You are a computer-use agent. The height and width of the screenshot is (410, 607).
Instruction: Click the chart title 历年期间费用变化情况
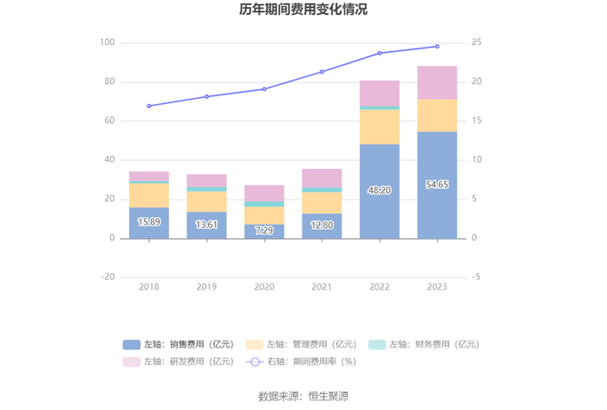pos(303,10)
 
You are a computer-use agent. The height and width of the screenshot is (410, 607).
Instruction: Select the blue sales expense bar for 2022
pos(380,191)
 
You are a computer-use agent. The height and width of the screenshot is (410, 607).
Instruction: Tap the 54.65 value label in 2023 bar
pos(437,185)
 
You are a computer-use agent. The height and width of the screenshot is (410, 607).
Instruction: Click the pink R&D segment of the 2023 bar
pos(437,82)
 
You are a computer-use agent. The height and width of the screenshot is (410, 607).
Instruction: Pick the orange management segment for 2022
pos(380,127)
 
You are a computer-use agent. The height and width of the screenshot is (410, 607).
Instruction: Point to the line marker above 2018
pos(149,106)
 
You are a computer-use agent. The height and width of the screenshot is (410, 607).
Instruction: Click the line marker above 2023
pos(437,46)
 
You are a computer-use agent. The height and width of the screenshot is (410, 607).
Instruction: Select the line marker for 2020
pos(264,89)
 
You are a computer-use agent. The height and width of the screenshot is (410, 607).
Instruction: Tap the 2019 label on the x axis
pos(206,287)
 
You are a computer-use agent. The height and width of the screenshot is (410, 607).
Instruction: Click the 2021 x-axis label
pos(322,287)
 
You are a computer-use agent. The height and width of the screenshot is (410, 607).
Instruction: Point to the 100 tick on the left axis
pos(108,42)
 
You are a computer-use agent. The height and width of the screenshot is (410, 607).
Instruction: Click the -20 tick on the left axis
pos(108,277)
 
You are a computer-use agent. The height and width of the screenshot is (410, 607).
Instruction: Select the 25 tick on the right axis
pos(477,42)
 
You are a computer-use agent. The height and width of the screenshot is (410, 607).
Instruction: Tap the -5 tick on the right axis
pos(476,277)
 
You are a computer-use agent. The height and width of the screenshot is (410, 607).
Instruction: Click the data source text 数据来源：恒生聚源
pos(303,396)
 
